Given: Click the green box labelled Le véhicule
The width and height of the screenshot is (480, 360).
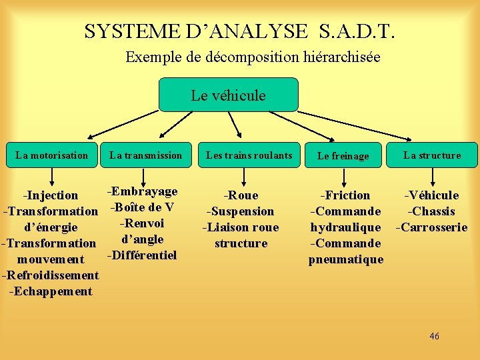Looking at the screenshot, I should pyautogui.click(x=228, y=95).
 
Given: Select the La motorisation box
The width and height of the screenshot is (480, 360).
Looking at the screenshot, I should pyautogui.click(x=51, y=155).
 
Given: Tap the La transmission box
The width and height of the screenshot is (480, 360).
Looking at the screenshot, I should pyautogui.click(x=145, y=155).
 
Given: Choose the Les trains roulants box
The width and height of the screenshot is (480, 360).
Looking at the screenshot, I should pyautogui.click(x=249, y=155).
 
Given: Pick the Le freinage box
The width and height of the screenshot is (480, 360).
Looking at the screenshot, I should pyautogui.click(x=343, y=155).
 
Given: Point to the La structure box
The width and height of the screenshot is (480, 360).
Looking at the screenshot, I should pyautogui.click(x=432, y=155).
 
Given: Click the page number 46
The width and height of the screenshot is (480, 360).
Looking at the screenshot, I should pyautogui.click(x=434, y=336).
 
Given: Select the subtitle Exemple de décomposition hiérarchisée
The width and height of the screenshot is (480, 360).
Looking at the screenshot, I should pyautogui.click(x=253, y=57).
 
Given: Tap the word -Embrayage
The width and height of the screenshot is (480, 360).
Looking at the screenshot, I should pyautogui.click(x=143, y=191).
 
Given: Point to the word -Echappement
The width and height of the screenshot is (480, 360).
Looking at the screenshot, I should pyautogui.click(x=51, y=291).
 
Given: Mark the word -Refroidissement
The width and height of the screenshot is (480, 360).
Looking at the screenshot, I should pyautogui.click(x=51, y=275).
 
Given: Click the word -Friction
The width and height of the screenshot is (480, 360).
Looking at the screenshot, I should pyautogui.click(x=345, y=195).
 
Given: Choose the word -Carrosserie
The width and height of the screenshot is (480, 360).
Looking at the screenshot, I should pyautogui.click(x=431, y=227).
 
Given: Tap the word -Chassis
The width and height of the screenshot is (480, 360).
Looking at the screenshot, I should pyautogui.click(x=431, y=211).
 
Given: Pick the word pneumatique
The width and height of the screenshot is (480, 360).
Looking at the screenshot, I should pyautogui.click(x=345, y=259).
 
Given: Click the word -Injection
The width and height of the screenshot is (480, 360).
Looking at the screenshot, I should pyautogui.click(x=51, y=195).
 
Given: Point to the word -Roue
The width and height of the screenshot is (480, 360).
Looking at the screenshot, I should pyautogui.click(x=241, y=195).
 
